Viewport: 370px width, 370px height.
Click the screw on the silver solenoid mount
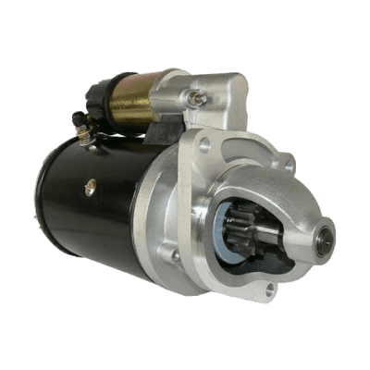[195, 95]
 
